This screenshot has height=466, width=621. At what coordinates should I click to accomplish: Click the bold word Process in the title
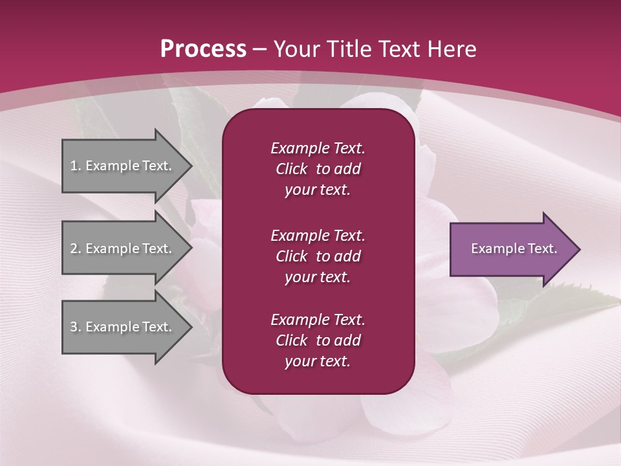coord(203,49)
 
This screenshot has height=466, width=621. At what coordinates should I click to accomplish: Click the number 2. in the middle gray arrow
coord(76,249)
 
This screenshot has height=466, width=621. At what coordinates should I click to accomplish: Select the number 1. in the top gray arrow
coord(76,166)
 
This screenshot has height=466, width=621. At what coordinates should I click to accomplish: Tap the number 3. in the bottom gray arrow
coord(76,327)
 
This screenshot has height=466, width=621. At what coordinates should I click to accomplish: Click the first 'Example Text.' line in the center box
coord(318,148)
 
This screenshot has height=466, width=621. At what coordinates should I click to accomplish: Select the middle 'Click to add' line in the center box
coord(318,256)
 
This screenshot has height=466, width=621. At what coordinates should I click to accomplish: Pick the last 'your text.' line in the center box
coord(318,362)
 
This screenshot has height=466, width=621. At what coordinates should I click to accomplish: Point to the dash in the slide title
coord(260,49)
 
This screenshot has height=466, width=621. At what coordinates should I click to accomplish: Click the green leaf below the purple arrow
coord(569,304)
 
